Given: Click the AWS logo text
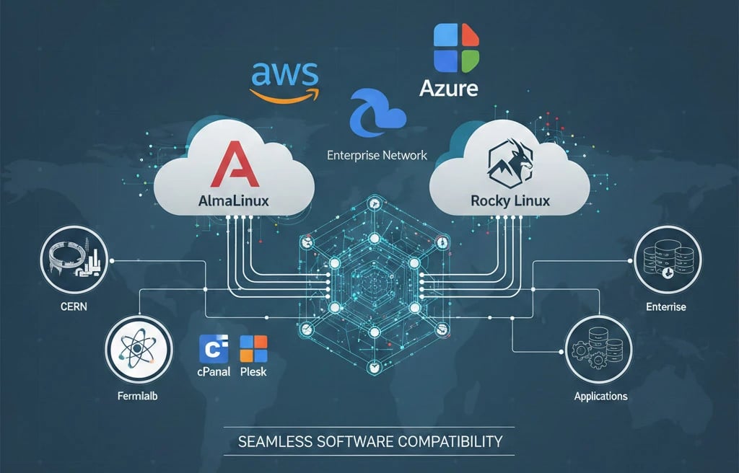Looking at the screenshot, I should pos(284,73).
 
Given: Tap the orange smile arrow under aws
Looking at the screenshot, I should pos(283,93).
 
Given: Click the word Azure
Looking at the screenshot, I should pos(448,89).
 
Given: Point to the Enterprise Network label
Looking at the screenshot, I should pos(377,155).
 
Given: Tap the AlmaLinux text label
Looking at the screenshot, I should pos(232,201).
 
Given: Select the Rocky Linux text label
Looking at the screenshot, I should pos(510,201).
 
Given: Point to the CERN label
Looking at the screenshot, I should pos(69,308).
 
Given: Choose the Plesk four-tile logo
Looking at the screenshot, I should pos(253,349).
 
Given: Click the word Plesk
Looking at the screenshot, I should pos(253,372).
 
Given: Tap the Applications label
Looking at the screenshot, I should pos(600,396).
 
